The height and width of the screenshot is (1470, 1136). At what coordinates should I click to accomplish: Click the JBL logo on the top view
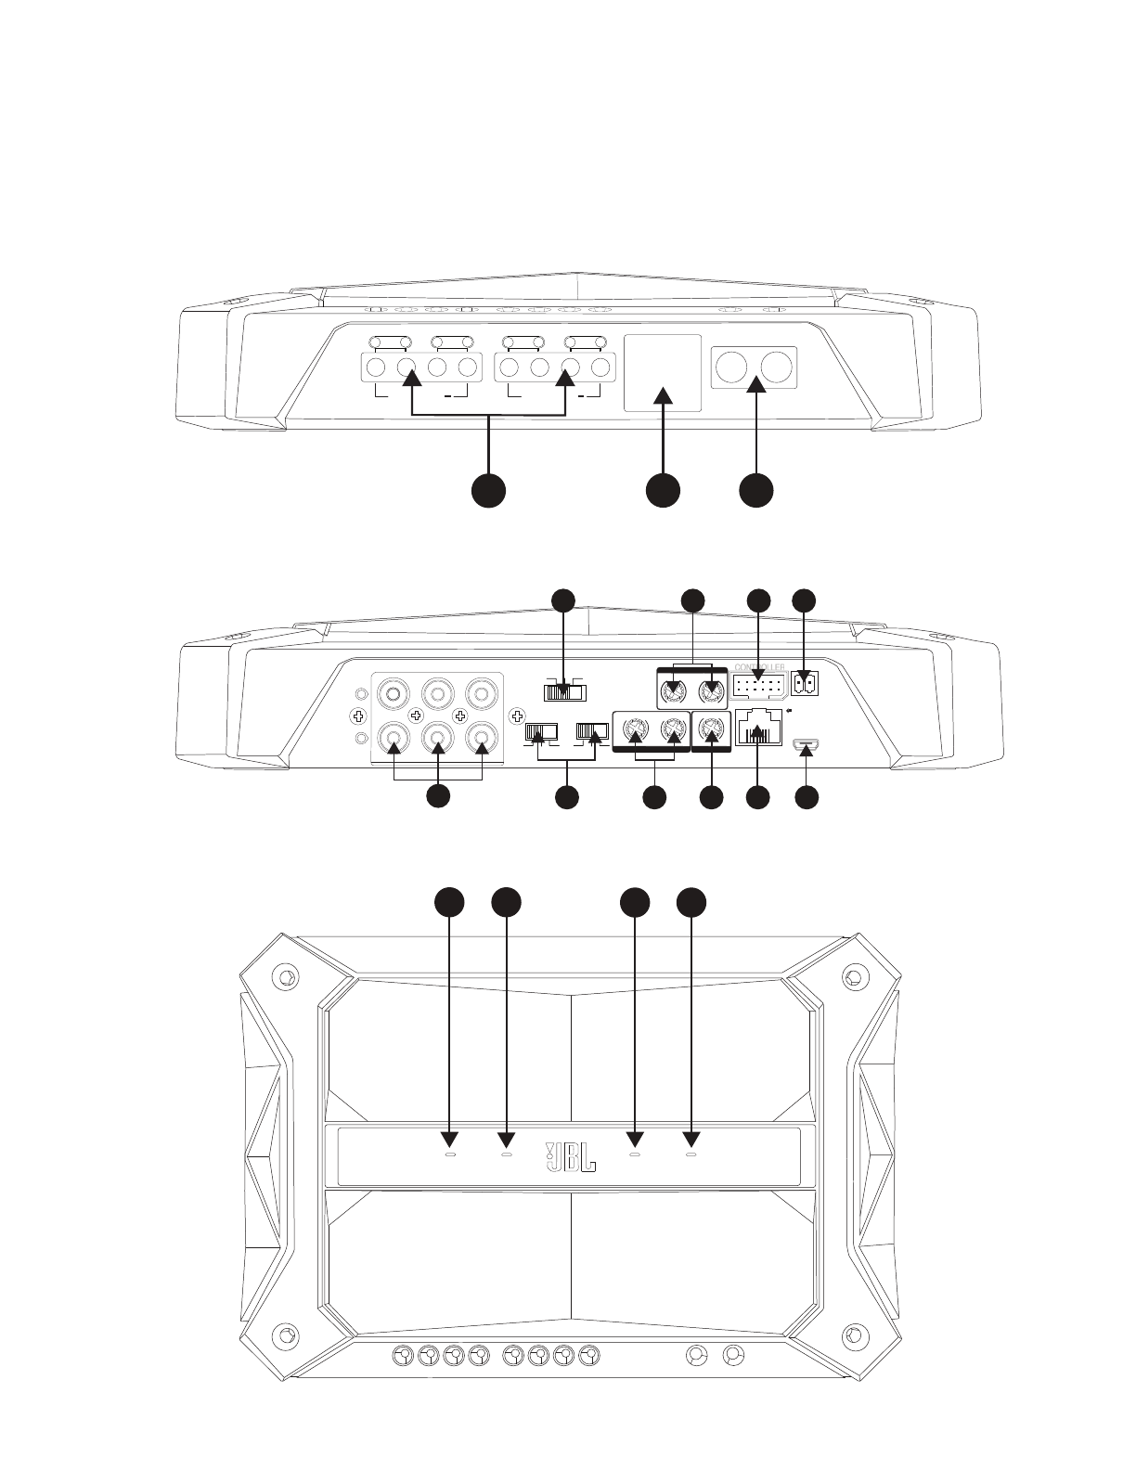(x=569, y=1156)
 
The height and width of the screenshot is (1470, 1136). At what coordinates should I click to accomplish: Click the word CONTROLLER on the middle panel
(x=759, y=667)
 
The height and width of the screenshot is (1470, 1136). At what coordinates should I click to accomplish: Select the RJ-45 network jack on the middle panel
(x=758, y=729)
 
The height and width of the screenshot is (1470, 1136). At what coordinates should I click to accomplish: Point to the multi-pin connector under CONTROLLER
(x=758, y=687)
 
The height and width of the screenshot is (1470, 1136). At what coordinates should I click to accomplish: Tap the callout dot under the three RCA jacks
(x=438, y=796)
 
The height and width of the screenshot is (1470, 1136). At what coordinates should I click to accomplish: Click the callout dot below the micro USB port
(x=807, y=796)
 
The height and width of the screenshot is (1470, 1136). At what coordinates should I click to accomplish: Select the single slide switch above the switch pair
(x=564, y=691)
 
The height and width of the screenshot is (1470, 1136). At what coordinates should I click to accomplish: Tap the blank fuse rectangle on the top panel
(x=662, y=371)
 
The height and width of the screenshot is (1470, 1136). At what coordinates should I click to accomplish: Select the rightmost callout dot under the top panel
(x=756, y=490)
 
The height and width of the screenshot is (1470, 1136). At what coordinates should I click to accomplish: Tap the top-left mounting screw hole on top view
(x=285, y=977)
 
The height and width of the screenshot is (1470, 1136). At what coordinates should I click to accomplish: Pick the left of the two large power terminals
(x=731, y=367)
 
